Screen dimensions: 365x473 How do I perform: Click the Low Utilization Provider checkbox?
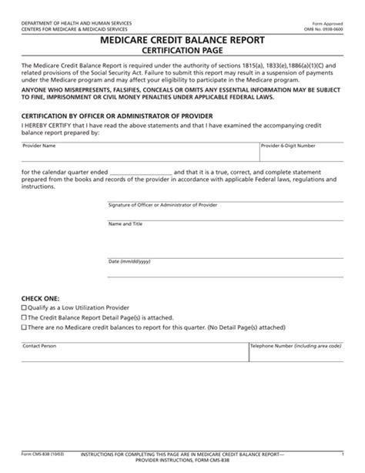(x=23, y=307)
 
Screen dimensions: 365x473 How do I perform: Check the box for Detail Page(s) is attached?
(x=23, y=316)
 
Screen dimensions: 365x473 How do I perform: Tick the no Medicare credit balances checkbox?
(x=23, y=326)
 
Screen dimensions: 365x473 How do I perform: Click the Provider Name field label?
(x=39, y=145)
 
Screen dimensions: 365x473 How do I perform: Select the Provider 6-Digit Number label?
(x=288, y=145)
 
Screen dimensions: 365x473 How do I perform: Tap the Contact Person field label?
(x=39, y=347)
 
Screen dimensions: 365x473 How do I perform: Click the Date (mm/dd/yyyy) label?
(x=130, y=261)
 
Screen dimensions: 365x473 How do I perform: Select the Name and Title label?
(x=126, y=223)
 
